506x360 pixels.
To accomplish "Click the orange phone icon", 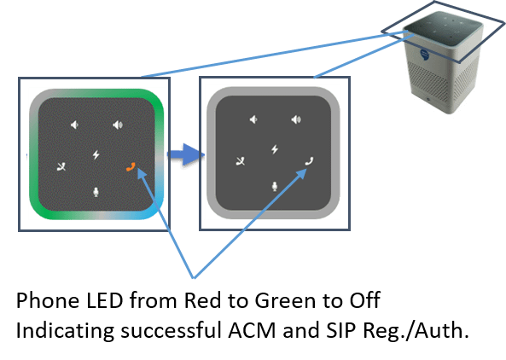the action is [131, 166].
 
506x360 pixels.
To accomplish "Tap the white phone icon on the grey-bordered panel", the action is [310, 160].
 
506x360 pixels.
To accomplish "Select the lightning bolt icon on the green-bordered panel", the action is [96, 155].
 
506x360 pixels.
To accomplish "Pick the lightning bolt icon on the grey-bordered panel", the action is [275, 149].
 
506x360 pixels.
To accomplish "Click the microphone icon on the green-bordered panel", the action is [96, 192].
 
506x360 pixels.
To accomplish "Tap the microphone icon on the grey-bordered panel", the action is [275, 187].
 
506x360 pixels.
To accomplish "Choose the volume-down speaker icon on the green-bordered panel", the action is [74, 125].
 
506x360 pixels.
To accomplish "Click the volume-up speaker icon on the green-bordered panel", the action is [118, 125].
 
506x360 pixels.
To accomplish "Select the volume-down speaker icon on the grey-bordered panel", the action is [253, 119].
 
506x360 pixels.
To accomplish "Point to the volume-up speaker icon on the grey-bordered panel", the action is [296, 119].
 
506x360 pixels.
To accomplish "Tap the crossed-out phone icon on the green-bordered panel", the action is [61, 166].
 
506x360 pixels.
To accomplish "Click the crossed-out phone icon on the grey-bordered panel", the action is [241, 161].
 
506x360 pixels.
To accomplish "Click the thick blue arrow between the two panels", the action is [185, 154].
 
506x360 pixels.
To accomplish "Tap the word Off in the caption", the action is [364, 300].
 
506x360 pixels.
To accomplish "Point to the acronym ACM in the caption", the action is [252, 330].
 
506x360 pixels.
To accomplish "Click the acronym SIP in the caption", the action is [340, 330].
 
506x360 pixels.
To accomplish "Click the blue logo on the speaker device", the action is [424, 55].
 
